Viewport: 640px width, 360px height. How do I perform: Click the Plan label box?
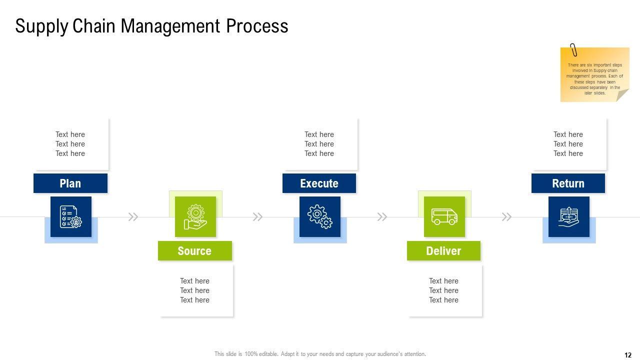click(70, 183)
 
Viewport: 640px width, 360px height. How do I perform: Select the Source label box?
click(194, 251)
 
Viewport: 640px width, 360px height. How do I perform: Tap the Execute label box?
click(319, 183)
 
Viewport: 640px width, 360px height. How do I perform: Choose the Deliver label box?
click(443, 251)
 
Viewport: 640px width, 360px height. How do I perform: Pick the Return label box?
click(568, 183)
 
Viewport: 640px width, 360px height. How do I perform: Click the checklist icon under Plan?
click(71, 216)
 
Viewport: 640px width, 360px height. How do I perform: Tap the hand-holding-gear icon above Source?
click(195, 216)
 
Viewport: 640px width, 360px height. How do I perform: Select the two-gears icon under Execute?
click(320, 216)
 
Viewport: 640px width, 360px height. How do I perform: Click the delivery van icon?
click(444, 216)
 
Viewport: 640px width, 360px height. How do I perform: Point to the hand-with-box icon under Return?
click(569, 216)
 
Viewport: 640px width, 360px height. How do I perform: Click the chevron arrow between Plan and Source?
click(133, 217)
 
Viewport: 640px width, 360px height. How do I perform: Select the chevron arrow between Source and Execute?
click(257, 217)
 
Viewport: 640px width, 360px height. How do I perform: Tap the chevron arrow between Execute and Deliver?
click(382, 217)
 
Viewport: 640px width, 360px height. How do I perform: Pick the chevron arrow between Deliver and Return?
click(506, 217)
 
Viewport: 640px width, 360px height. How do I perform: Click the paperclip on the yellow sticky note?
click(573, 50)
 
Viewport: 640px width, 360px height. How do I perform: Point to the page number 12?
click(628, 355)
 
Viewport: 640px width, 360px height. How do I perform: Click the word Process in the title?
click(257, 26)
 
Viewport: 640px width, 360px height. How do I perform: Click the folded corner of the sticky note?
click(622, 95)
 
